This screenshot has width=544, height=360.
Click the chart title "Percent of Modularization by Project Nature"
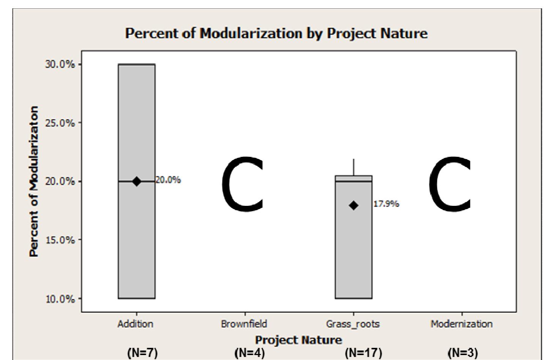point(276,33)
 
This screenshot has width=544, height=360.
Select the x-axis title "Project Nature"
point(298,339)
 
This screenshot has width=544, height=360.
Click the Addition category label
point(136,324)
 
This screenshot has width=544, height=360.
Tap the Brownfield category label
point(244,324)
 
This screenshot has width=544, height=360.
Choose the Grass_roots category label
point(353,324)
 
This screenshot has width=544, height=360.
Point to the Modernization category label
point(461,324)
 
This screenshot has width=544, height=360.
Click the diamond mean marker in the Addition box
point(137,182)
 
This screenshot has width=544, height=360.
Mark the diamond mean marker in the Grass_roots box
point(353,205)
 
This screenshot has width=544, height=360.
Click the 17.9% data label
point(386,204)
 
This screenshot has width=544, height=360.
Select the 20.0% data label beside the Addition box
point(168,180)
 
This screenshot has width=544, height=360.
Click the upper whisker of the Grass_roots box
point(354,167)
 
